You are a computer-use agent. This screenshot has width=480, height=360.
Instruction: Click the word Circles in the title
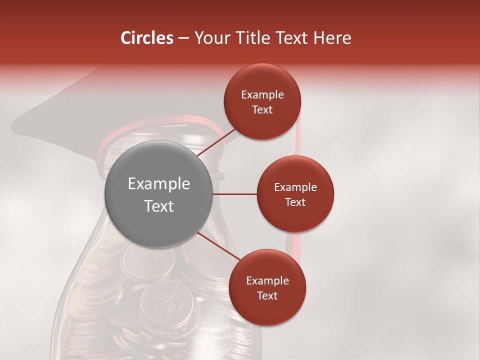[x=146, y=38]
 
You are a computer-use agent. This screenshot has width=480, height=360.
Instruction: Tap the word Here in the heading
[x=332, y=38]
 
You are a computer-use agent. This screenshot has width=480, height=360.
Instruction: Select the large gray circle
[x=158, y=194]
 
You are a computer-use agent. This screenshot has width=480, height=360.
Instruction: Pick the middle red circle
[x=295, y=194]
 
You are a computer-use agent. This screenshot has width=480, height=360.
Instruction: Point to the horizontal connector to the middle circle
[x=235, y=194]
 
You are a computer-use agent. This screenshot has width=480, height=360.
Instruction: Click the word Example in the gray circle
[x=158, y=184]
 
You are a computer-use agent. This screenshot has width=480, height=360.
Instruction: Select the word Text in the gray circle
[x=158, y=206]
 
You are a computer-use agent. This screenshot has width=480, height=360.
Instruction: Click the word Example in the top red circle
[x=262, y=95]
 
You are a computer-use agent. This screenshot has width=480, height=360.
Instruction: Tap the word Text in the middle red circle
[x=295, y=202]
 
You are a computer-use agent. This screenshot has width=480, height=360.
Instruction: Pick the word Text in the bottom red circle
[x=267, y=296]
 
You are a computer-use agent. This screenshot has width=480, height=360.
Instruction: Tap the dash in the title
[x=183, y=38]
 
